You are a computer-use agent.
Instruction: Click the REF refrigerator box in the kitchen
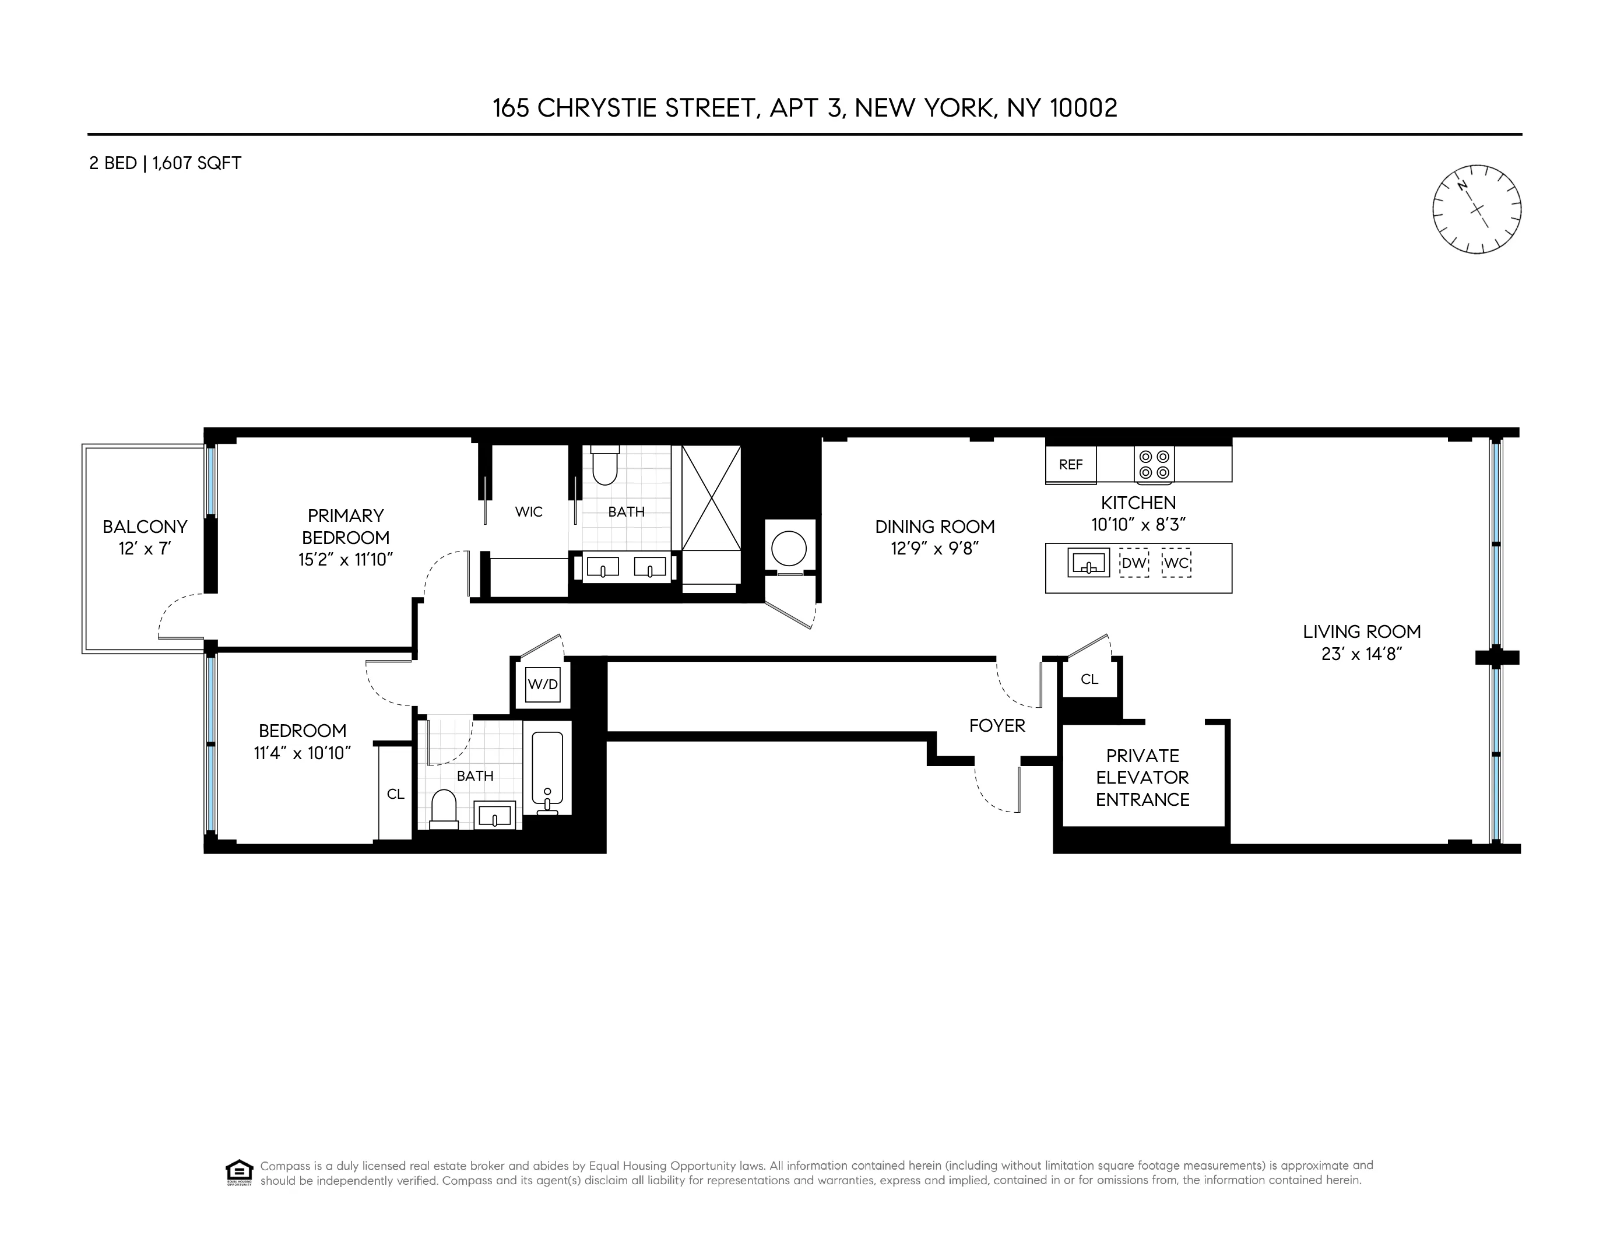coord(1070,465)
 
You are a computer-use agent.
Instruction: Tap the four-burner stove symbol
coord(1154,465)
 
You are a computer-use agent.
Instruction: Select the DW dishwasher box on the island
coord(1133,564)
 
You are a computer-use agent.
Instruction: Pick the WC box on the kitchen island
coord(1176,564)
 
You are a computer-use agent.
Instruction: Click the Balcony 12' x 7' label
coord(145,538)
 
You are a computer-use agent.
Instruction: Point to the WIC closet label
coord(529,511)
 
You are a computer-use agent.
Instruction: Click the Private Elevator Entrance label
coord(1142,777)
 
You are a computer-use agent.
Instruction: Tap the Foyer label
coord(997,725)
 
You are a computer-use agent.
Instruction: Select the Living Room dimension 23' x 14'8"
coord(1362,653)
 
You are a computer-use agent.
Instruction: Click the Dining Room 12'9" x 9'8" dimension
coord(934,548)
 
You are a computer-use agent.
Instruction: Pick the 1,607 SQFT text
coord(196,163)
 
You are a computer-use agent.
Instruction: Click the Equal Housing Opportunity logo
coord(239,1172)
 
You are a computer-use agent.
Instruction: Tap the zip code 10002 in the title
coord(1084,108)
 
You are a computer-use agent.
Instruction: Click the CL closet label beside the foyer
coord(1089,679)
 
